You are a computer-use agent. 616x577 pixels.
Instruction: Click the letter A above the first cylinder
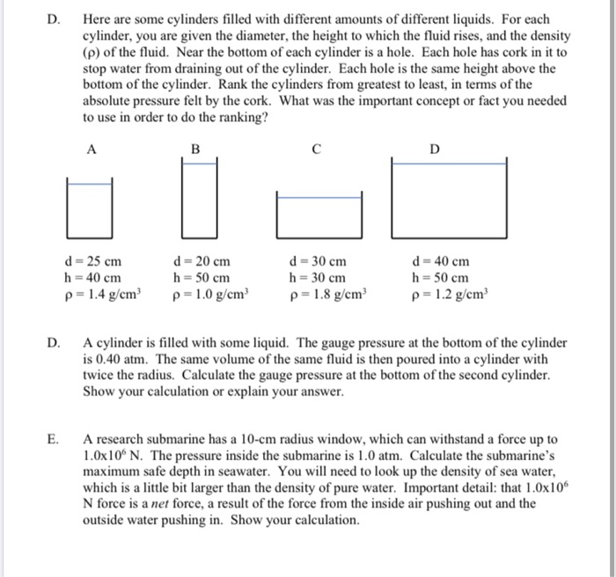91,150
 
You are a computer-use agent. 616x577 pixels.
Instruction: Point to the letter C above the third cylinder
318,150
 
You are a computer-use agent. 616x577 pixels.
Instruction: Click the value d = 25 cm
93,261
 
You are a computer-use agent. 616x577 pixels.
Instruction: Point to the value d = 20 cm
204,261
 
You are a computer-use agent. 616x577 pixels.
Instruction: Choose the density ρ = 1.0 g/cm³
212,294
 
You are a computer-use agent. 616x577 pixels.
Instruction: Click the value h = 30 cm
317,277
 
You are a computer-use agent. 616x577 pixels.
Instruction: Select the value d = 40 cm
440,261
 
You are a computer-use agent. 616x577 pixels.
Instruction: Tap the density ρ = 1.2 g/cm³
448,294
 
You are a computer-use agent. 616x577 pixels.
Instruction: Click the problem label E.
55,437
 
